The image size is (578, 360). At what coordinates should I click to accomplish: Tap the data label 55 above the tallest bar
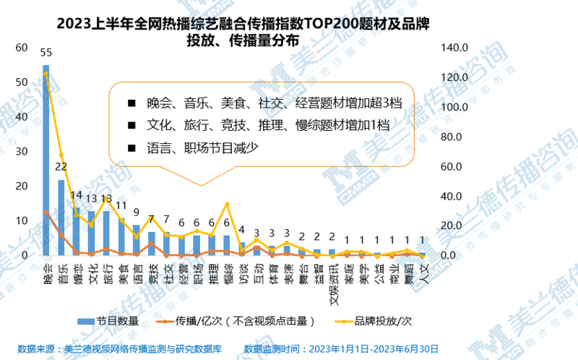click(x=46, y=53)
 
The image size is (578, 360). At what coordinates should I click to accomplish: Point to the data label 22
click(x=61, y=167)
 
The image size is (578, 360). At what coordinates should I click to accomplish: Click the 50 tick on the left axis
click(x=21, y=82)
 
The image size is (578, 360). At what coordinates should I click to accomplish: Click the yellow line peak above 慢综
click(x=228, y=204)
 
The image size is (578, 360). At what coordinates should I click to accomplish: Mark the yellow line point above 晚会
click(x=46, y=73)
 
